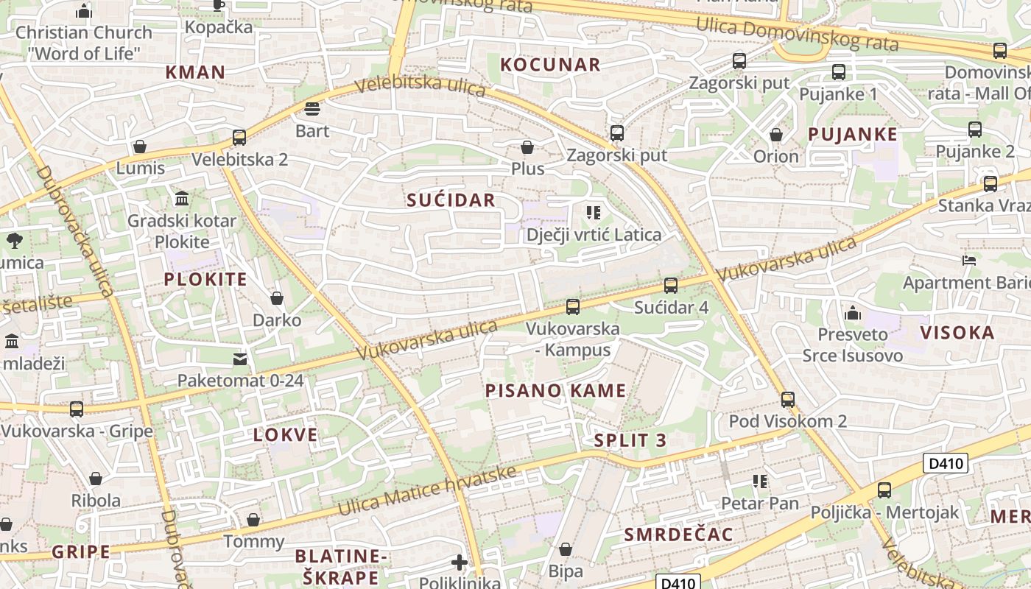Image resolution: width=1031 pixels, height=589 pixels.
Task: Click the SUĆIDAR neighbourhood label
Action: point(451,200)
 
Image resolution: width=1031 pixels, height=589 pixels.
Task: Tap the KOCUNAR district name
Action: point(550,65)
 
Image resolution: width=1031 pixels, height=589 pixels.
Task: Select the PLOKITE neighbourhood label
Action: point(205,280)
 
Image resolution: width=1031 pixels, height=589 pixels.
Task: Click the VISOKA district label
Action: point(957,333)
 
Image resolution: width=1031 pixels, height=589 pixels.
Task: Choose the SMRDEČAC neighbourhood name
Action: point(678,535)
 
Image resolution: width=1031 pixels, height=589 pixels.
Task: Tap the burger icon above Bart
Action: point(312,109)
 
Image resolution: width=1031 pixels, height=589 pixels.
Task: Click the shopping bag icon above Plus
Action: point(527,147)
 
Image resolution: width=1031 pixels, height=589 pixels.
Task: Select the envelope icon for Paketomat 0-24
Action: point(240,359)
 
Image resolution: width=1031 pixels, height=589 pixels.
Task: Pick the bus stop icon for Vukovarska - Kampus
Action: point(572,306)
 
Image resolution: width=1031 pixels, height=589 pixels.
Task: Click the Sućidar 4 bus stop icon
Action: point(670,285)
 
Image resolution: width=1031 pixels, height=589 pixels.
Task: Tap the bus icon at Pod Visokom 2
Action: point(788,399)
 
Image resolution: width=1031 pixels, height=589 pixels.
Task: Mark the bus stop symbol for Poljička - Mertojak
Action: point(884,490)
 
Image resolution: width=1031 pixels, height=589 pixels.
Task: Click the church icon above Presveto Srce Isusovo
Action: point(853,312)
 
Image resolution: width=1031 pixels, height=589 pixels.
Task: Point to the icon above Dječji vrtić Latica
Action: point(594,213)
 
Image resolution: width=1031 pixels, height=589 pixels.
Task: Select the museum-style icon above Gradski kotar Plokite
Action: point(182,198)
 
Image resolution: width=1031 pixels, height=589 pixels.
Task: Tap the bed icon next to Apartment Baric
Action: point(969,260)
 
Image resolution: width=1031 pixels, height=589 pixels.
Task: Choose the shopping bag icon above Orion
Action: point(775,135)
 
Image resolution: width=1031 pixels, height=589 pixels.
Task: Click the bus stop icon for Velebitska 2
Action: point(239,137)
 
